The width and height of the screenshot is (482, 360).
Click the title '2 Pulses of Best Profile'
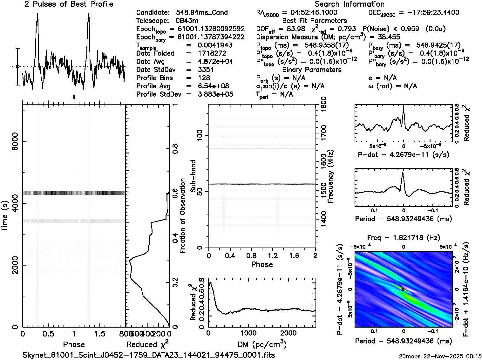(x=69, y=4)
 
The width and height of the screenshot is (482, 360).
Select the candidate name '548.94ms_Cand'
(x=202, y=12)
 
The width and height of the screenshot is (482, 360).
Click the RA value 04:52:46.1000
(x=310, y=12)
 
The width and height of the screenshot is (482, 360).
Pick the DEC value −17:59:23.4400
(x=429, y=12)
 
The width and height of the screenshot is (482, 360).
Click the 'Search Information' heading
(x=350, y=4)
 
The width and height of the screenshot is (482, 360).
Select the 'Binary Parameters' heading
(x=312, y=70)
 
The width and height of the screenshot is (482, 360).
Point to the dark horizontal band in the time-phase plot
(x=74, y=193)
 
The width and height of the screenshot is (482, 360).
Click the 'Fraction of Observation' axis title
(x=182, y=216)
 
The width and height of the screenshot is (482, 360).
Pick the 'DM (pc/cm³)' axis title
(x=262, y=344)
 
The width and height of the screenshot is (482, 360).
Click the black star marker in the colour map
(x=403, y=289)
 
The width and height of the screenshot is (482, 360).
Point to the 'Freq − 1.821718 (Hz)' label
(x=404, y=237)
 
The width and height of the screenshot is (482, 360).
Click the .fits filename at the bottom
(x=149, y=355)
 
